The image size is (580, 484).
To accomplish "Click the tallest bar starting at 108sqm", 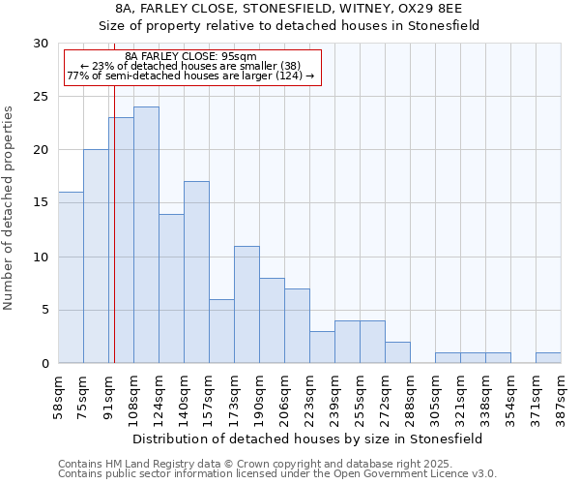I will [x=146, y=235].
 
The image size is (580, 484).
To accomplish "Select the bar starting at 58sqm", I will [x=71, y=278].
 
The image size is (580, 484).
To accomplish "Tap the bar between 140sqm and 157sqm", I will [x=196, y=272].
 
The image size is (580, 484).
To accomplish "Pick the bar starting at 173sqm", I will [x=246, y=305].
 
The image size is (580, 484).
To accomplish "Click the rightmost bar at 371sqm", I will [x=548, y=358].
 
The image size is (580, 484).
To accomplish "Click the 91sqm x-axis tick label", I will [x=109, y=394].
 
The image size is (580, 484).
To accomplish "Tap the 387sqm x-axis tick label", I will [x=562, y=394].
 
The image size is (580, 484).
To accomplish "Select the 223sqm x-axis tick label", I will [x=310, y=394].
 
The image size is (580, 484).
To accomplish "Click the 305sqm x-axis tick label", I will [x=436, y=394].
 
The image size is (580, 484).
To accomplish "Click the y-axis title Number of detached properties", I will [x=10, y=208].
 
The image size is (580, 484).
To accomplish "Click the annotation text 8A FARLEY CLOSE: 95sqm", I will [x=190, y=56].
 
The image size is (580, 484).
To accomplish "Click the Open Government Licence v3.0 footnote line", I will [x=276, y=474].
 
